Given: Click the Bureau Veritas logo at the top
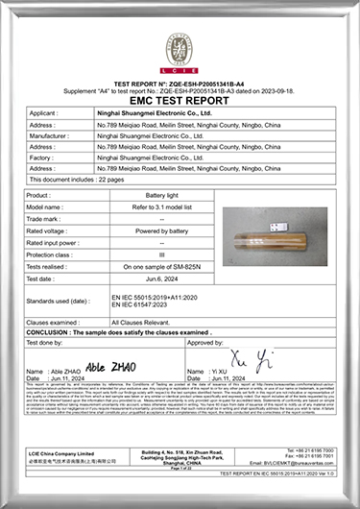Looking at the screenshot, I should tap(180, 46).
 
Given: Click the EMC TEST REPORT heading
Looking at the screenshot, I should tap(180, 99).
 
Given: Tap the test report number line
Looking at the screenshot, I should tap(180, 84).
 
